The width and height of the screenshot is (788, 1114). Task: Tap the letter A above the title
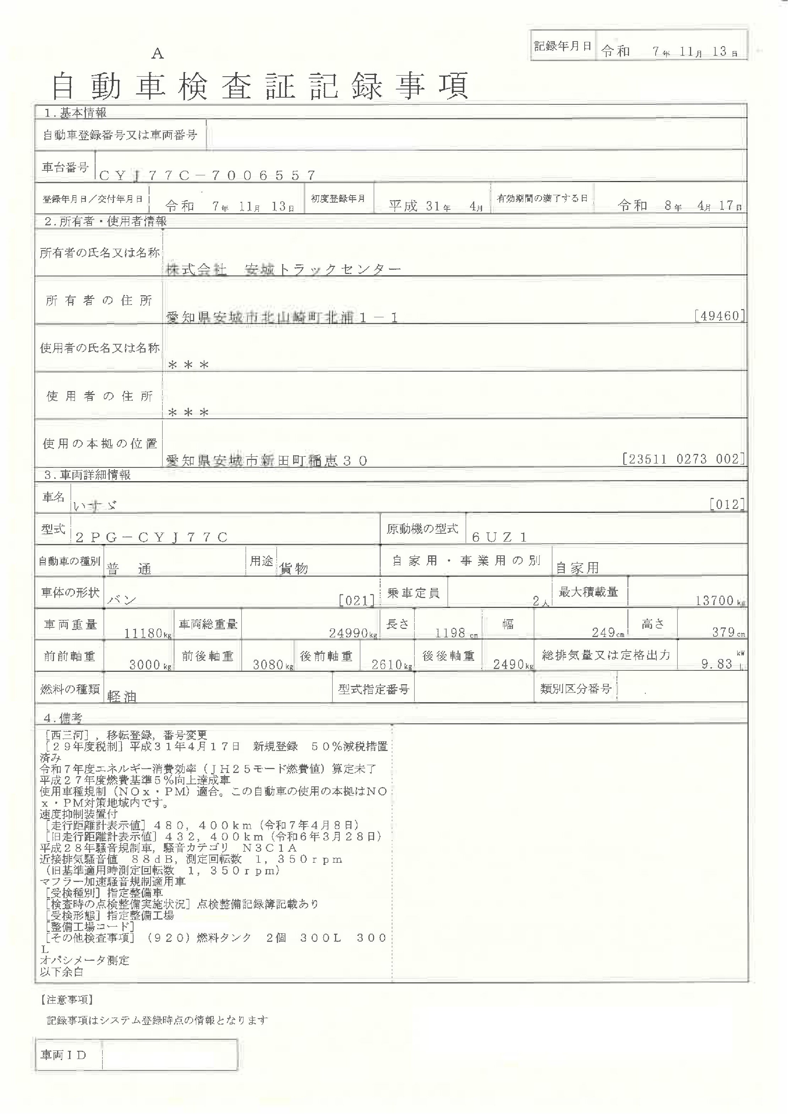click(158, 54)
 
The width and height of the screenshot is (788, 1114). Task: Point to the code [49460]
click(719, 316)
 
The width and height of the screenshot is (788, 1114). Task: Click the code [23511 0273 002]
click(684, 459)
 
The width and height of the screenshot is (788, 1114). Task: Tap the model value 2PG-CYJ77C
click(152, 537)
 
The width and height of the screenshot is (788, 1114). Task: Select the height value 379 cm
click(728, 632)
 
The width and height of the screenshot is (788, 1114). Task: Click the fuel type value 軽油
click(122, 697)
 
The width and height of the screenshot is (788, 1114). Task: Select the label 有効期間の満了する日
click(542, 198)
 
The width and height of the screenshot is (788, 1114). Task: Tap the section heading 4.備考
click(64, 718)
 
